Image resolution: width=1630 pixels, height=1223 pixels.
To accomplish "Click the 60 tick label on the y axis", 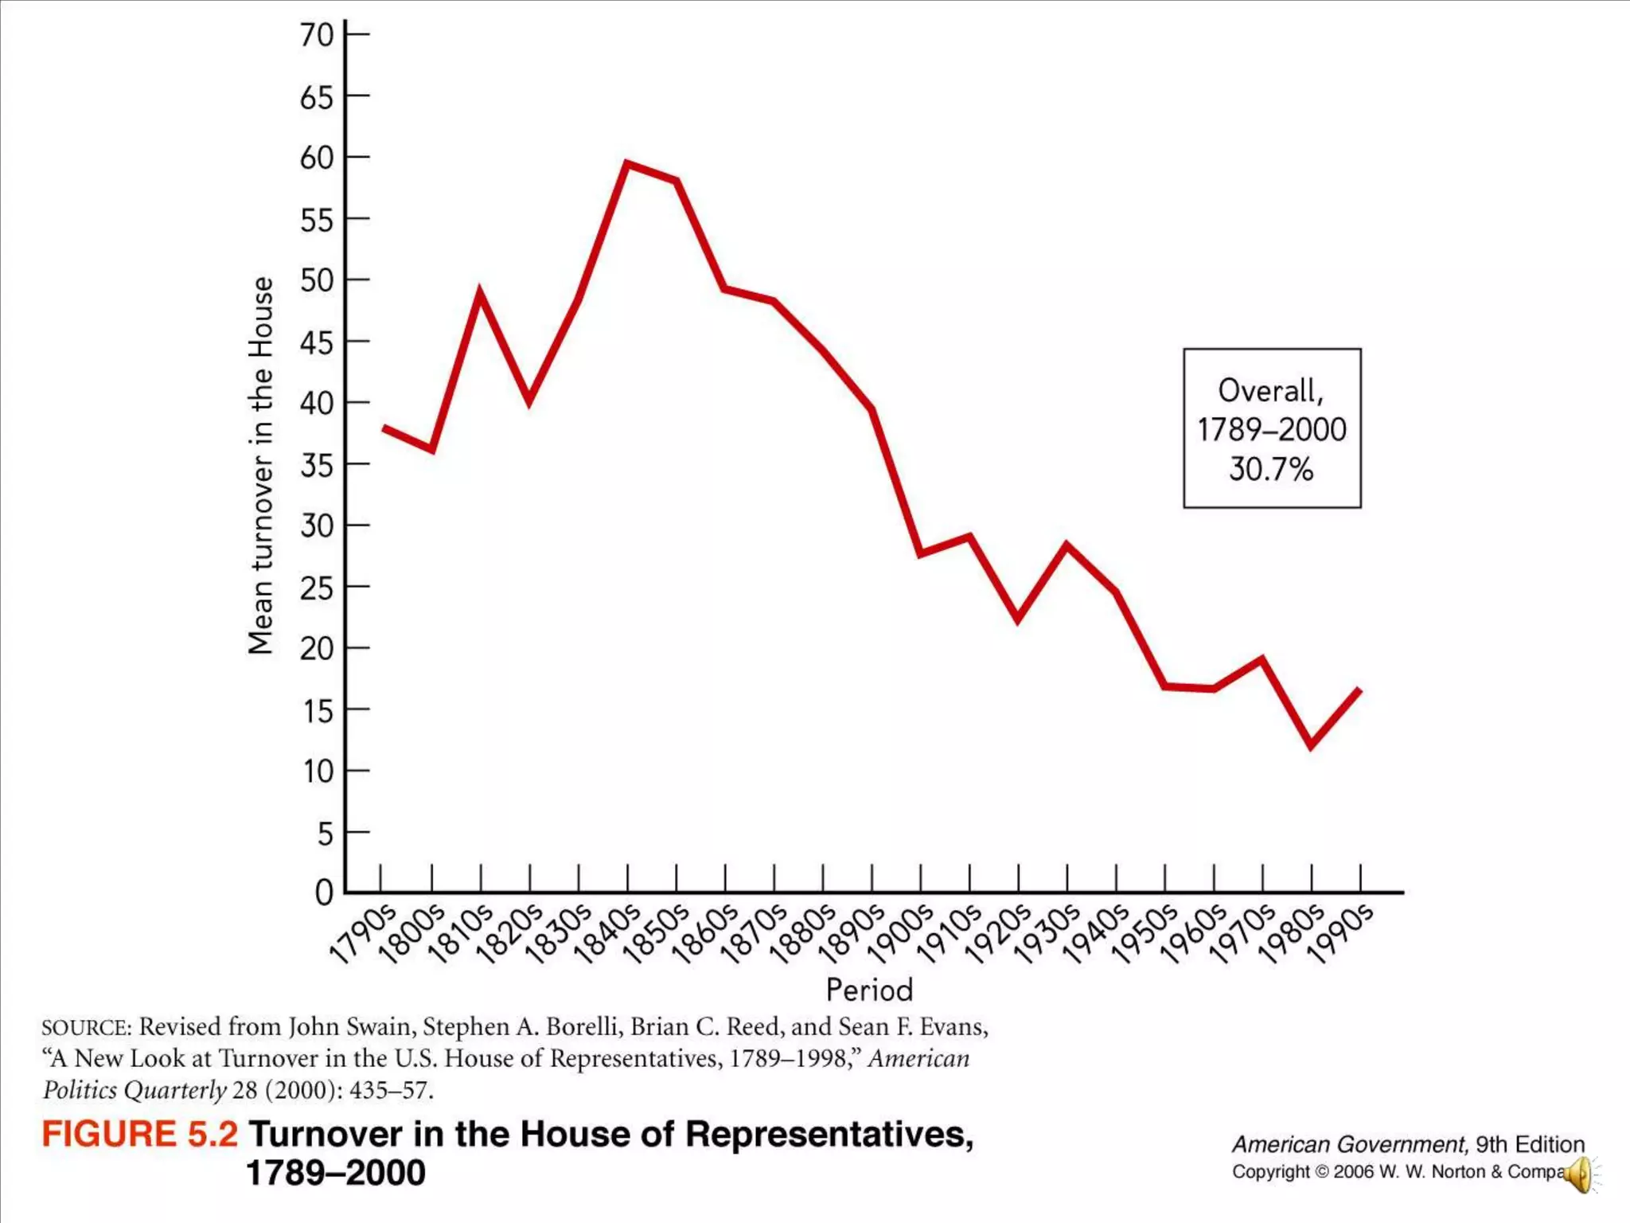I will point(316,158).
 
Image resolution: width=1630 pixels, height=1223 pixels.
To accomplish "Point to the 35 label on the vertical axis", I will point(316,465).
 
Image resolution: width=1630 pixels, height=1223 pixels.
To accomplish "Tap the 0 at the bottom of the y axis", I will point(324,893).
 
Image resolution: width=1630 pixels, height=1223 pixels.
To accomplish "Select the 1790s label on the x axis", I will point(362,933).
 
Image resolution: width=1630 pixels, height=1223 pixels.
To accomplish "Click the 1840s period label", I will point(607,933).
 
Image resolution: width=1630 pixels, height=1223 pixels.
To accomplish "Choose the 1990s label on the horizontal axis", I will point(1342,933).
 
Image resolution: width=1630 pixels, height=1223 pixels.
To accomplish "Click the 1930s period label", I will point(1048,933).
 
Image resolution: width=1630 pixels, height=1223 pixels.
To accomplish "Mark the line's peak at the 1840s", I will point(627,164).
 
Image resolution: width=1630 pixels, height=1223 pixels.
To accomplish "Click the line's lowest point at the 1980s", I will point(1311,745).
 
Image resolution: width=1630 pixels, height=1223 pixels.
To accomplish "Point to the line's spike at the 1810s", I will point(480,293).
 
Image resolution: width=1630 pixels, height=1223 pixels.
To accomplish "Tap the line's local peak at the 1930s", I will point(1067,545).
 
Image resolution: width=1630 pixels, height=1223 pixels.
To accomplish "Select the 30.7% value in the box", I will point(1271,469).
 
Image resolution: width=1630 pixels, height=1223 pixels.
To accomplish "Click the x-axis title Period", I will point(869,990).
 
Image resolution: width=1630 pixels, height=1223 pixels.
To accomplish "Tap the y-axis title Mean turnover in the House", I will point(261,466).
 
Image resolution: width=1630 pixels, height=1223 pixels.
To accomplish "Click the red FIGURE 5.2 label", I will point(139,1134).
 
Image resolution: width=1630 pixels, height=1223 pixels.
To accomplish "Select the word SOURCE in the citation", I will point(87,1028).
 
